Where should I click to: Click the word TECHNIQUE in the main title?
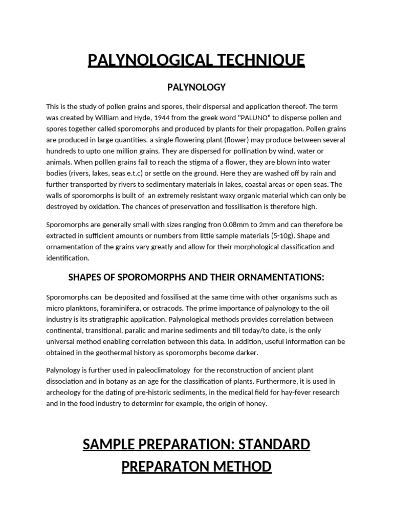(x=257, y=60)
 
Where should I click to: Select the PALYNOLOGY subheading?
(x=196, y=87)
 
